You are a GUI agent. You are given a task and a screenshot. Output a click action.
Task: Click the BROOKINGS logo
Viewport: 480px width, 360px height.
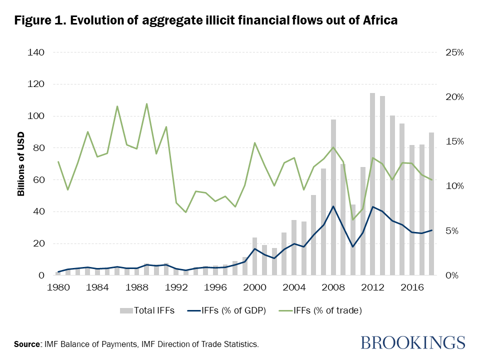[413, 343]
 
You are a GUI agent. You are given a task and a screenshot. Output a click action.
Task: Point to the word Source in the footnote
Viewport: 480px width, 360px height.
[27, 344]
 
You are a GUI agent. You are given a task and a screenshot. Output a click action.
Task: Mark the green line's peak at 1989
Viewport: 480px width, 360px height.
[147, 104]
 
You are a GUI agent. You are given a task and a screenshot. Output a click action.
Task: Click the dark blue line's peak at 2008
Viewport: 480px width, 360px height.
[333, 206]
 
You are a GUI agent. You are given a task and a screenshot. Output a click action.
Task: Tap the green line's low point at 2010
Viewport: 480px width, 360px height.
[353, 219]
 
